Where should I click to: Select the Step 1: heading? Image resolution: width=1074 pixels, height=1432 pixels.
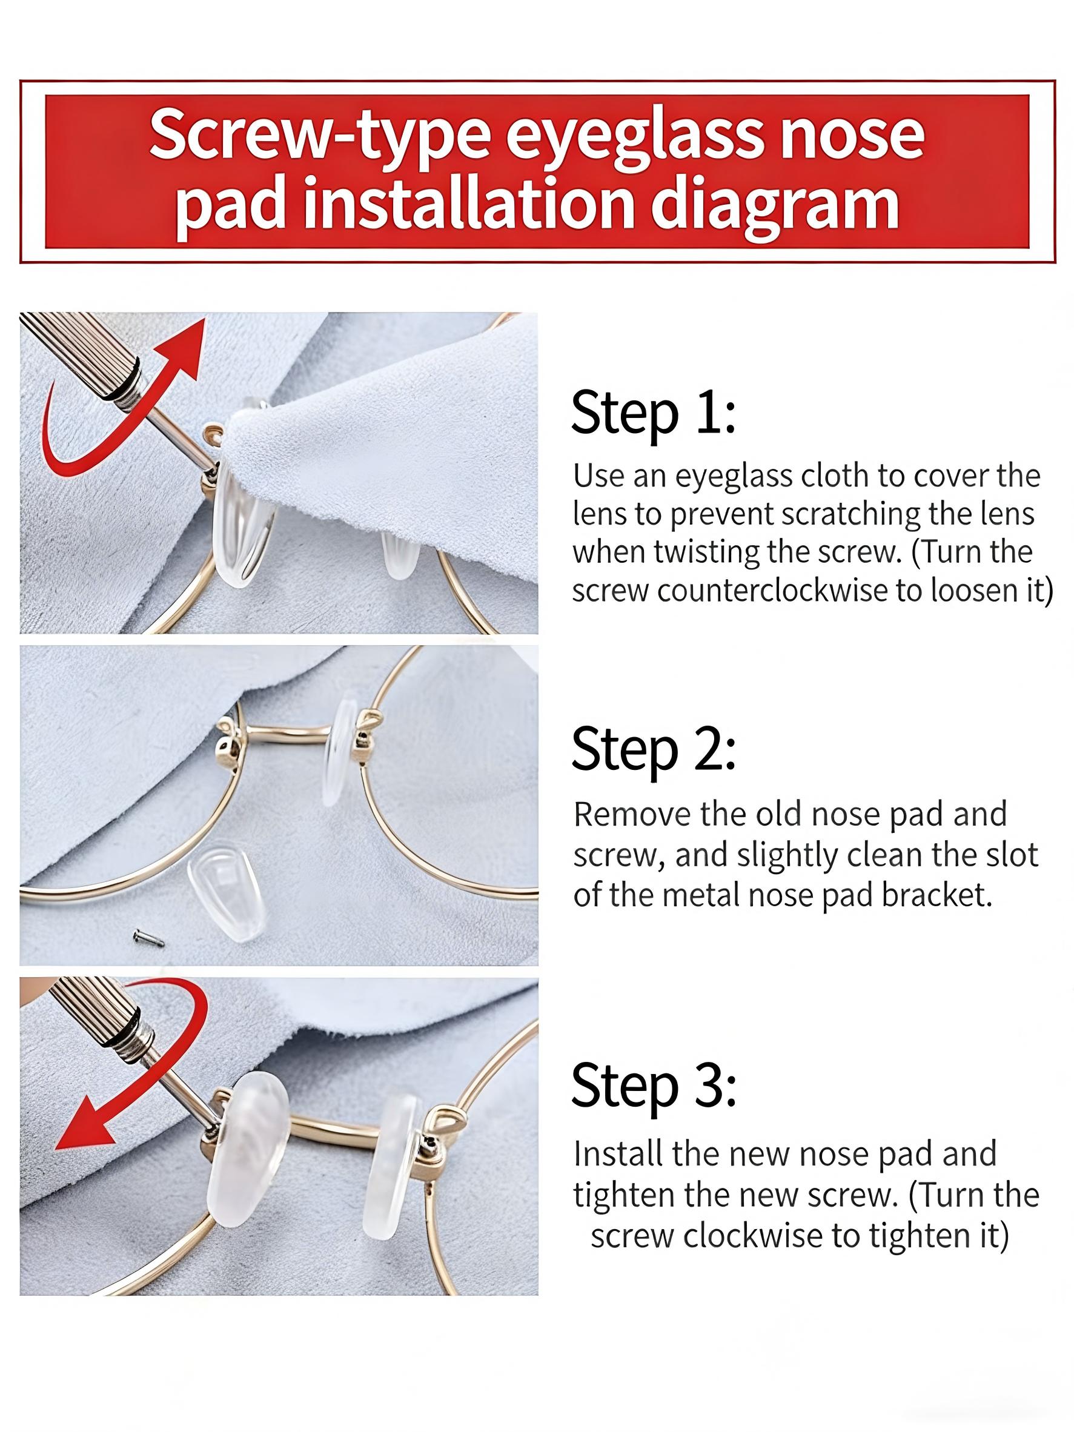[653, 413]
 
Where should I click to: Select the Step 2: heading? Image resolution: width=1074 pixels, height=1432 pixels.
[653, 749]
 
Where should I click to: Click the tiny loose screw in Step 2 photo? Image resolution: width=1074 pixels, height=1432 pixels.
[148, 936]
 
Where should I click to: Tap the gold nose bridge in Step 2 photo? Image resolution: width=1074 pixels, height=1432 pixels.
[285, 733]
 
